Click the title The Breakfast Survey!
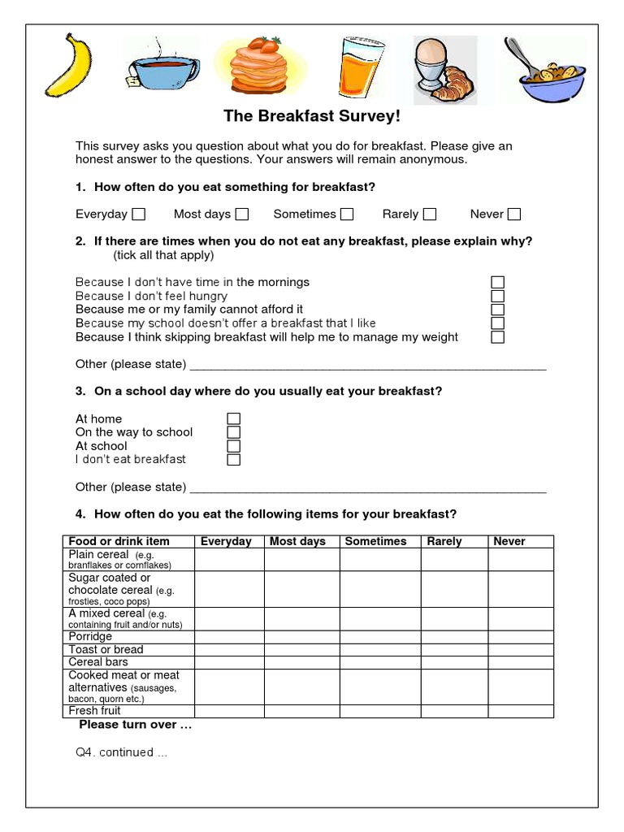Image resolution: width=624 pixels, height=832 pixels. [x=312, y=116]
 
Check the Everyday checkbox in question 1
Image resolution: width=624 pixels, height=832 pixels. [x=139, y=214]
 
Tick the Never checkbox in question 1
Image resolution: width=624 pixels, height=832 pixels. [x=513, y=214]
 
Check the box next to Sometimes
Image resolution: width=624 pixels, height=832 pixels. [x=347, y=214]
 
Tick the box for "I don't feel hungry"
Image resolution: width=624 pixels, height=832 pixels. [x=498, y=296]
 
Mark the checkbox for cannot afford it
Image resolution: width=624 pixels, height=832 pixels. [x=498, y=310]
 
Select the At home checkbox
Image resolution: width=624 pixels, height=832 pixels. [x=233, y=419]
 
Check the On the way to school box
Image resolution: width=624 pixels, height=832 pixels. [x=233, y=432]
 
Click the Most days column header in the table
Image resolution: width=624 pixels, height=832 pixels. [x=297, y=541]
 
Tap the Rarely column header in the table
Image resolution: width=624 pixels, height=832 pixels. [x=444, y=541]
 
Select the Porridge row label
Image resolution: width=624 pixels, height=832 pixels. [x=90, y=637]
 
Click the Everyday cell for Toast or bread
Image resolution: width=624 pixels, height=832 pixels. [x=229, y=649]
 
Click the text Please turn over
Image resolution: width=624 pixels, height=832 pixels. [x=135, y=725]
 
